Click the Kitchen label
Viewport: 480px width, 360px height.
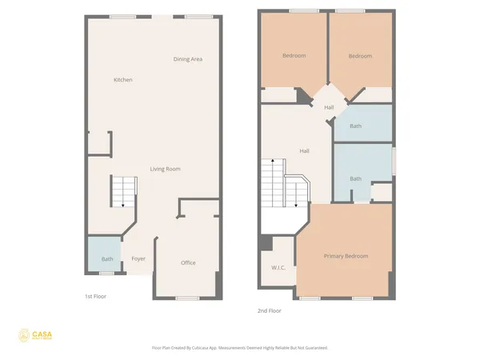tap(122, 80)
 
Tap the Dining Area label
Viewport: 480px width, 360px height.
tap(187, 59)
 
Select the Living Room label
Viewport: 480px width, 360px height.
tap(166, 169)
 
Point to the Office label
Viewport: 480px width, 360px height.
tap(188, 262)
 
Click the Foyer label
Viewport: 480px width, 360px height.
tap(138, 258)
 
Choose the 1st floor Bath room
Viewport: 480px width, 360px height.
tap(106, 258)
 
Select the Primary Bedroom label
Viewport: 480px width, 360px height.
tap(346, 255)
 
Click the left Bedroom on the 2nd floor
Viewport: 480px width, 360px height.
tap(294, 56)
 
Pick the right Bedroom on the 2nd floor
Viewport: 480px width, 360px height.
tap(360, 56)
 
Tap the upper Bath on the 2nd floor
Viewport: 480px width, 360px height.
tap(355, 126)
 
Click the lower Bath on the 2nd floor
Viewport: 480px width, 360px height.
tap(355, 178)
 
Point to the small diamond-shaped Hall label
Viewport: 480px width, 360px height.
tap(328, 107)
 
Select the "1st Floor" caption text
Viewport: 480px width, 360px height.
tap(95, 296)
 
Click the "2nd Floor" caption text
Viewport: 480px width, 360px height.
tap(269, 310)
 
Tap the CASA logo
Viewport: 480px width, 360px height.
tap(38, 336)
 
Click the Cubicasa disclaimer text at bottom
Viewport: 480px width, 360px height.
tap(239, 348)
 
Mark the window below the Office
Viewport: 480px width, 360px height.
tap(187, 298)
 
